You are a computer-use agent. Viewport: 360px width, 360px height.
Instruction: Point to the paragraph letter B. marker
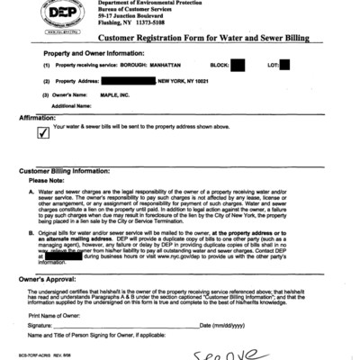[32, 234]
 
